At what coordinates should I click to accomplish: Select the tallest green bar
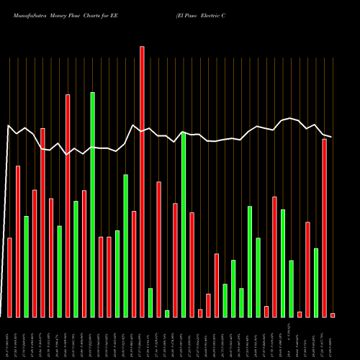point(92,204)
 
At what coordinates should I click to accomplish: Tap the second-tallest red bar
point(68,205)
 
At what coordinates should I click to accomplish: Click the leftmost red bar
point(9,277)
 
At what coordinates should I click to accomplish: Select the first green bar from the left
point(26,266)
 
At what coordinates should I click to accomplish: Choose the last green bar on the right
point(316,282)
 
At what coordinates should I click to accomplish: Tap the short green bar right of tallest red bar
point(150,302)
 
